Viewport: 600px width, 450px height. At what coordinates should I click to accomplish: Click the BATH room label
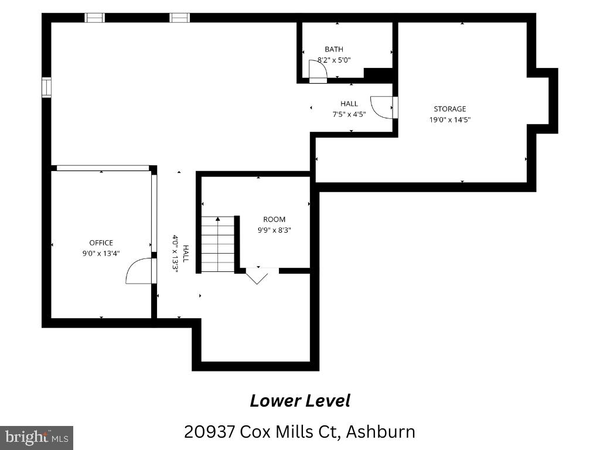[x=333, y=49]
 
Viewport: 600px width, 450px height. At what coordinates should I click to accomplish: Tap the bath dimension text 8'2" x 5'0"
[x=334, y=60]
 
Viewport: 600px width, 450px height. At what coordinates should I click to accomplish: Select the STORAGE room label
[x=449, y=109]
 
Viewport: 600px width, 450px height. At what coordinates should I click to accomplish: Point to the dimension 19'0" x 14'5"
[x=449, y=120]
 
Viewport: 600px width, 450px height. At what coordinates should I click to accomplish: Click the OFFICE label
[x=101, y=243]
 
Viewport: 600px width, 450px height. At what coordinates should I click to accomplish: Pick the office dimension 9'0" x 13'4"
[x=101, y=253]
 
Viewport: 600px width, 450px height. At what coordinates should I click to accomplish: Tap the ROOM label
[x=274, y=220]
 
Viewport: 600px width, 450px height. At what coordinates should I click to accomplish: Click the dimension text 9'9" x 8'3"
[x=274, y=230]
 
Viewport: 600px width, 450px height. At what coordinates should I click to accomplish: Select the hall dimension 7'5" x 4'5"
[x=349, y=114]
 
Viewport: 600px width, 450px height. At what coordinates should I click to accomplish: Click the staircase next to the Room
[x=218, y=244]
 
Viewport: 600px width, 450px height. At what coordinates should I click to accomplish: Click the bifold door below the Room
[x=257, y=276]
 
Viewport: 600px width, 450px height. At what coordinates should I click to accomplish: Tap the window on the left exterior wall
[x=46, y=87]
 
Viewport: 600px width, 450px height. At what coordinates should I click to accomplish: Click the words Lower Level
[x=300, y=401]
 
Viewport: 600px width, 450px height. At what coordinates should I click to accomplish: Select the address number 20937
[x=209, y=432]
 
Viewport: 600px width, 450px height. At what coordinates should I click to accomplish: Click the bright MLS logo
[x=36, y=438]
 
